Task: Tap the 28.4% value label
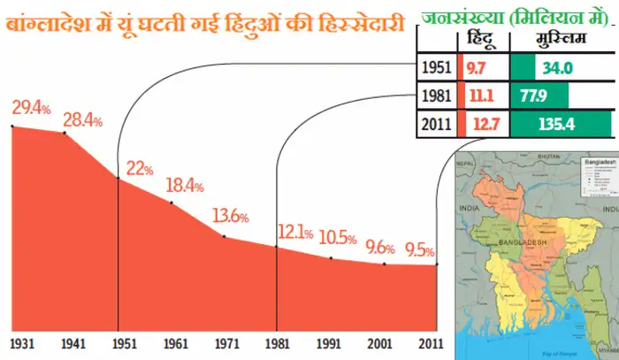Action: [82, 118]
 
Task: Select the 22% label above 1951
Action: [140, 168]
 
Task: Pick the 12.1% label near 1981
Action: [295, 234]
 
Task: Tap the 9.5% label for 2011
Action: [419, 249]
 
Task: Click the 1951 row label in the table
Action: [436, 67]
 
